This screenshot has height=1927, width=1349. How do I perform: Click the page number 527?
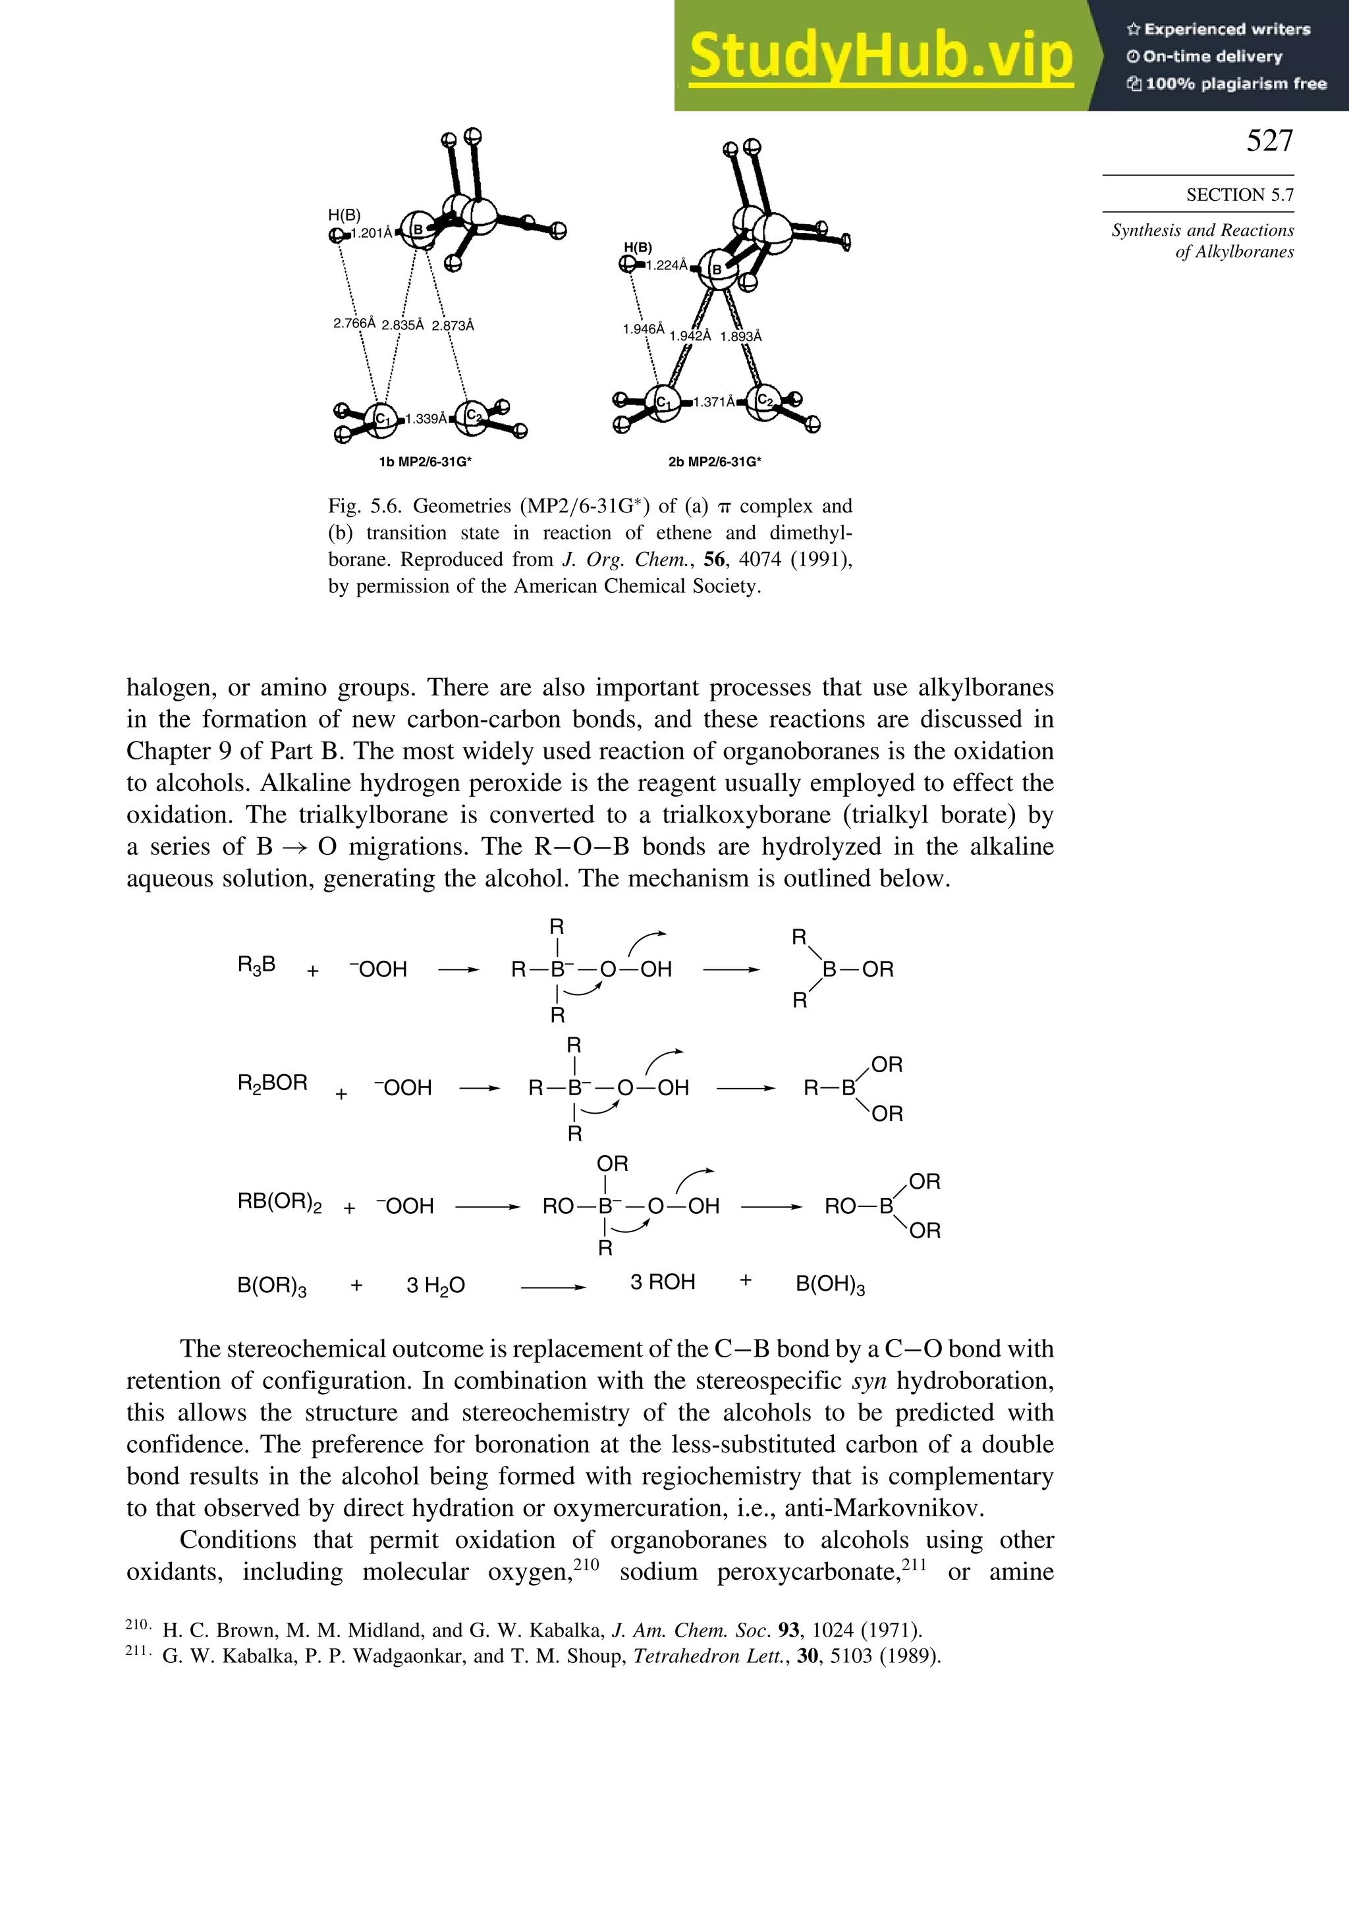pyautogui.click(x=1269, y=141)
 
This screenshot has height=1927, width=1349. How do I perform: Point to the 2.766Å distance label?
pyautogui.click(x=354, y=323)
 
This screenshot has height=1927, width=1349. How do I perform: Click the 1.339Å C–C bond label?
pyautogui.click(x=426, y=419)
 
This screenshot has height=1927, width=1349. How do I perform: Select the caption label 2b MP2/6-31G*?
pyautogui.click(x=715, y=462)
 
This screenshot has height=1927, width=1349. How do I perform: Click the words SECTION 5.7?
pyautogui.click(x=1239, y=195)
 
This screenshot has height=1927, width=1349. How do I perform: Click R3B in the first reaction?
pyautogui.click(x=256, y=965)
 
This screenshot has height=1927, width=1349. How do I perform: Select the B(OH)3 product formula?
pyautogui.click(x=829, y=1285)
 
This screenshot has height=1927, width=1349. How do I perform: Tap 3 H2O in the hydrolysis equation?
pyautogui.click(x=435, y=1285)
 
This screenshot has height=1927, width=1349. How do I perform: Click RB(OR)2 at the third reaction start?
pyautogui.click(x=279, y=1203)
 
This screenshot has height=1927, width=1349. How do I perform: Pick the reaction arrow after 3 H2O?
pyautogui.click(x=553, y=1287)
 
